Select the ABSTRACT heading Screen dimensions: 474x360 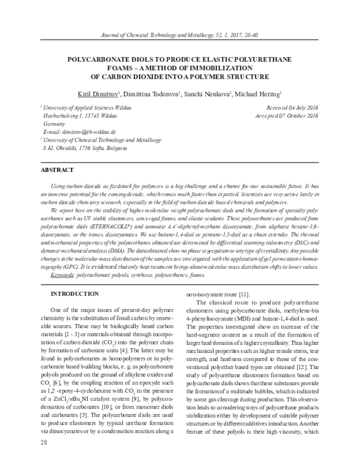point(58,170)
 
